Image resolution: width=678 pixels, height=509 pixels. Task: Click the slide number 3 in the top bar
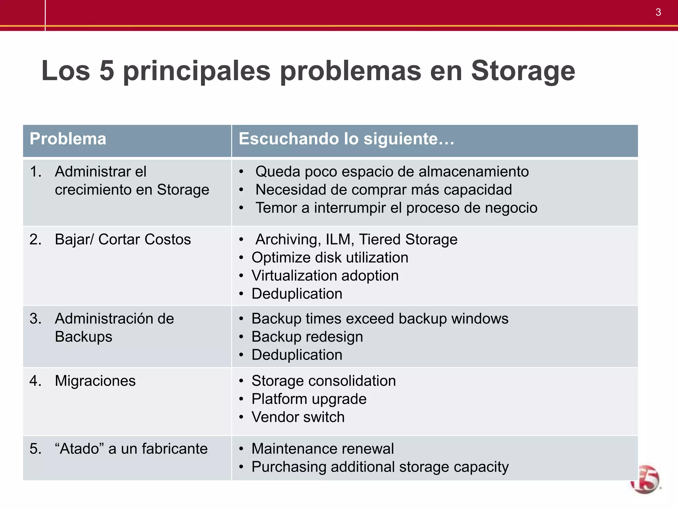658,12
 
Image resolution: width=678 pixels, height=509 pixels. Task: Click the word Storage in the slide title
523,71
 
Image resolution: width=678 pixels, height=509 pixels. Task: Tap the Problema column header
68,139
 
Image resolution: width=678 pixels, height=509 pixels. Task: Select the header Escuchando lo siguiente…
346,139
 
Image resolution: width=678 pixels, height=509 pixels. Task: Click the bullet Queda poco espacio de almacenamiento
392,172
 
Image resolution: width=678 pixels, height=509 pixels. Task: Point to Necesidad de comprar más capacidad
383,190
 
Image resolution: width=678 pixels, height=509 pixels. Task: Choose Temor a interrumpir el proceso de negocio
396,208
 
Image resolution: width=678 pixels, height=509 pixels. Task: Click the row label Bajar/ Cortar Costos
122,240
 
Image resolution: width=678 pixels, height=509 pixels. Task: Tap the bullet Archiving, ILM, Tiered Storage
356,240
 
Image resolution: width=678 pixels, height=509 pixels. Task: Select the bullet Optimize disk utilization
330,258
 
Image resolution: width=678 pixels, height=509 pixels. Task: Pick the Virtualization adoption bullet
325,276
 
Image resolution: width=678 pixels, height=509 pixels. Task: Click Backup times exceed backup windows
380,319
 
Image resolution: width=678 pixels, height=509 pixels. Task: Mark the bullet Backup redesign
307,337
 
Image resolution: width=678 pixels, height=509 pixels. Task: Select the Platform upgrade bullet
309,399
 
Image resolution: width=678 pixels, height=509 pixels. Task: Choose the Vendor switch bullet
298,417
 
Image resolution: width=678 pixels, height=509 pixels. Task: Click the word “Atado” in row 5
79,449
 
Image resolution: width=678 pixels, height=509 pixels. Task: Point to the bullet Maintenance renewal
322,449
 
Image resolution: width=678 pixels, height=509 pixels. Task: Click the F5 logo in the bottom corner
646,480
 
